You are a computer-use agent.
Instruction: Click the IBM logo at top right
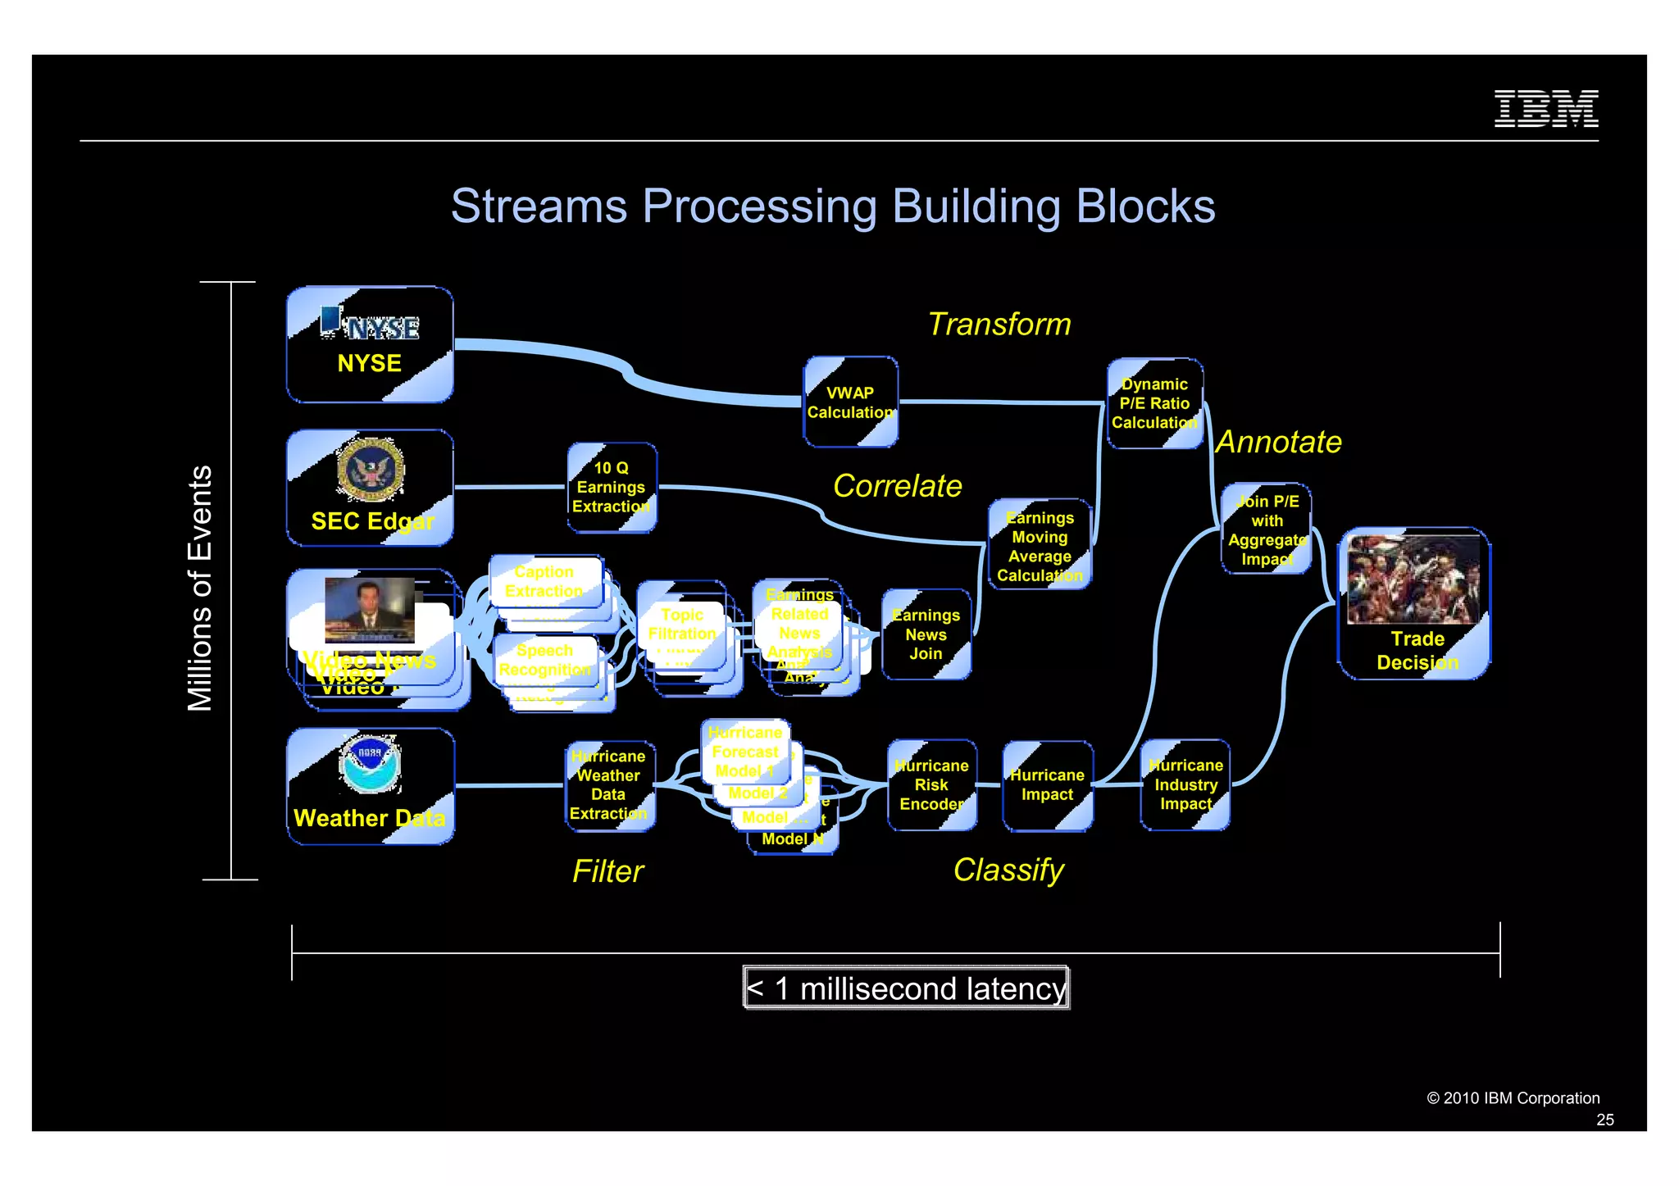1545,108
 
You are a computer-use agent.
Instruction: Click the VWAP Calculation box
850,402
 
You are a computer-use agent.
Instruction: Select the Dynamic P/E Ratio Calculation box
1154,403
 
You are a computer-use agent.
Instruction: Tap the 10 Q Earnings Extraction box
612,488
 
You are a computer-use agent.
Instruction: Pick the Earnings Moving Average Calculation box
1040,545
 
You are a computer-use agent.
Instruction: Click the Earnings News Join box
926,634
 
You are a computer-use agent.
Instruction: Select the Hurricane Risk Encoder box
931,785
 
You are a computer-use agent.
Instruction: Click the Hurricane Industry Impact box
1185,785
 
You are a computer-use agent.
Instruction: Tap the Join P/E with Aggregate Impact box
1267,529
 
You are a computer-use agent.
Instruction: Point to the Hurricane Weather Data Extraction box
609,785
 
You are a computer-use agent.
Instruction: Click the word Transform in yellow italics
999,325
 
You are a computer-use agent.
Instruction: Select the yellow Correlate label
897,486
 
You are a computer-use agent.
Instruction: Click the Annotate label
1278,443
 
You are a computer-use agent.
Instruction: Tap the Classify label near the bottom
1008,870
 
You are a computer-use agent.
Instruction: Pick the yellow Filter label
607,871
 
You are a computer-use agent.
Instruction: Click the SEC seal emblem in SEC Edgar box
371,470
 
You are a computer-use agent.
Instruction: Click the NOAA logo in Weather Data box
370,764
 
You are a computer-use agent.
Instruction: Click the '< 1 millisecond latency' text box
906,988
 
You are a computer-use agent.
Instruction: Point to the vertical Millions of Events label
200,588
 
